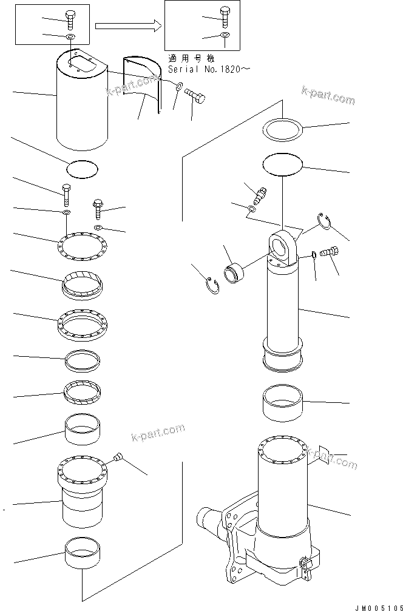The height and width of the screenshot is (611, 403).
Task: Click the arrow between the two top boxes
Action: [127, 25]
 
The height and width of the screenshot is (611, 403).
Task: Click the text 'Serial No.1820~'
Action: [209, 70]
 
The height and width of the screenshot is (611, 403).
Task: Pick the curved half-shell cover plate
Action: [144, 85]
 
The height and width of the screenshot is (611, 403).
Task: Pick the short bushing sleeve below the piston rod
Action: [282, 404]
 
